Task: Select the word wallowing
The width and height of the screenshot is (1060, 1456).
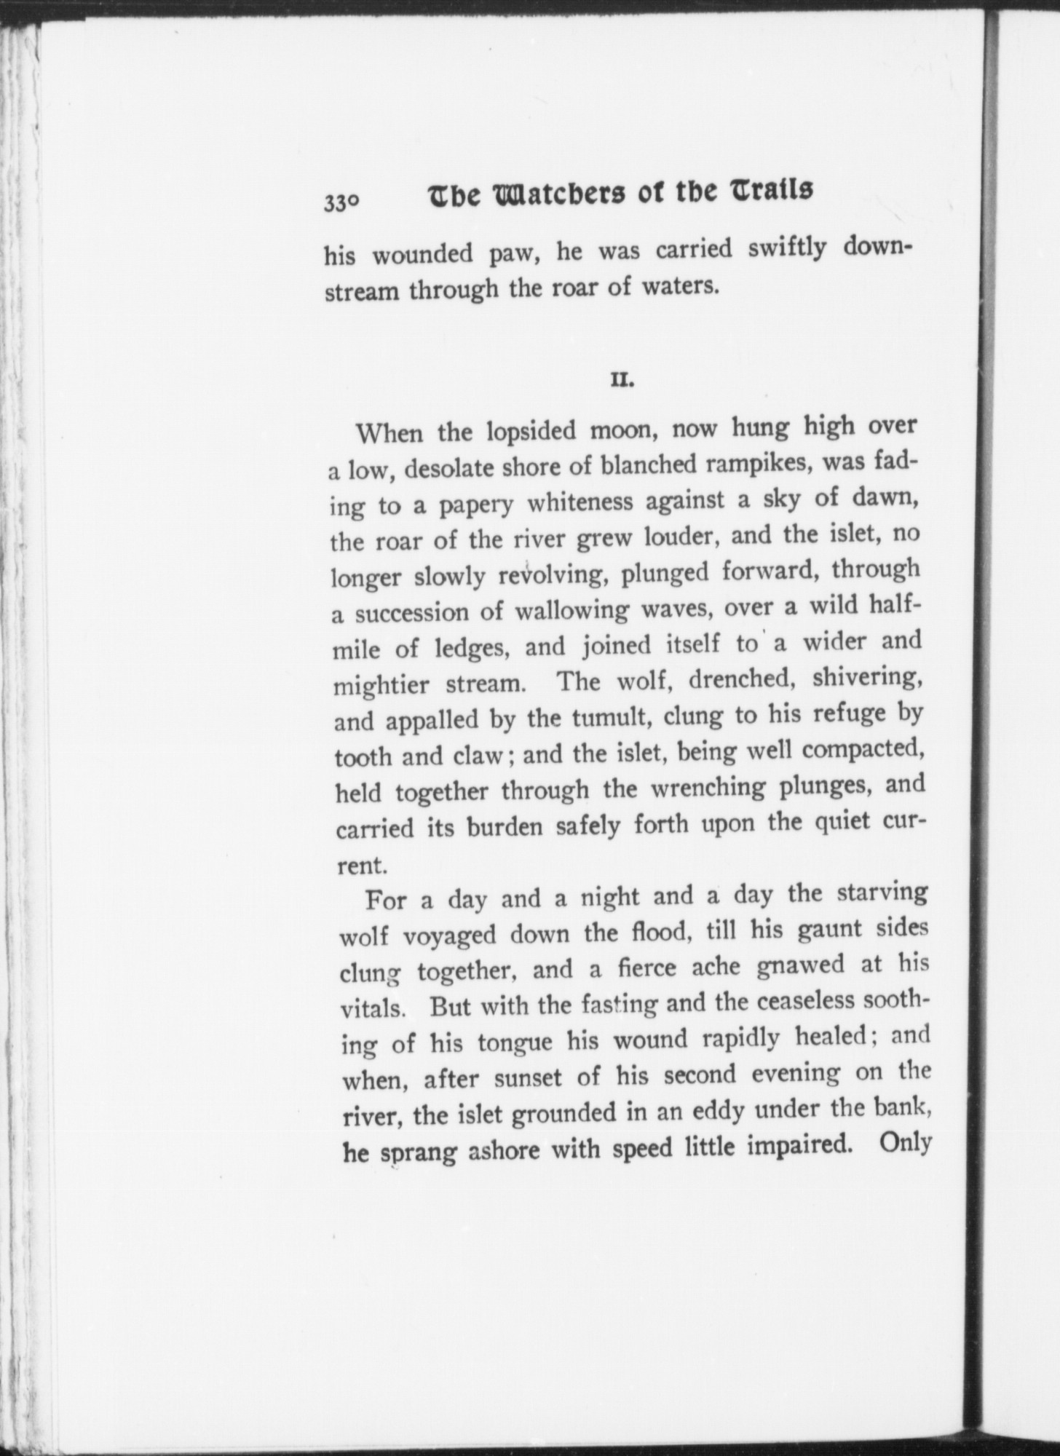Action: click(x=571, y=610)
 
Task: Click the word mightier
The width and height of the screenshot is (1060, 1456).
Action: click(x=380, y=687)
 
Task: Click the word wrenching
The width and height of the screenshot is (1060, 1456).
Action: click(x=706, y=788)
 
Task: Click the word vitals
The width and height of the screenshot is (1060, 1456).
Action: click(x=372, y=1010)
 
